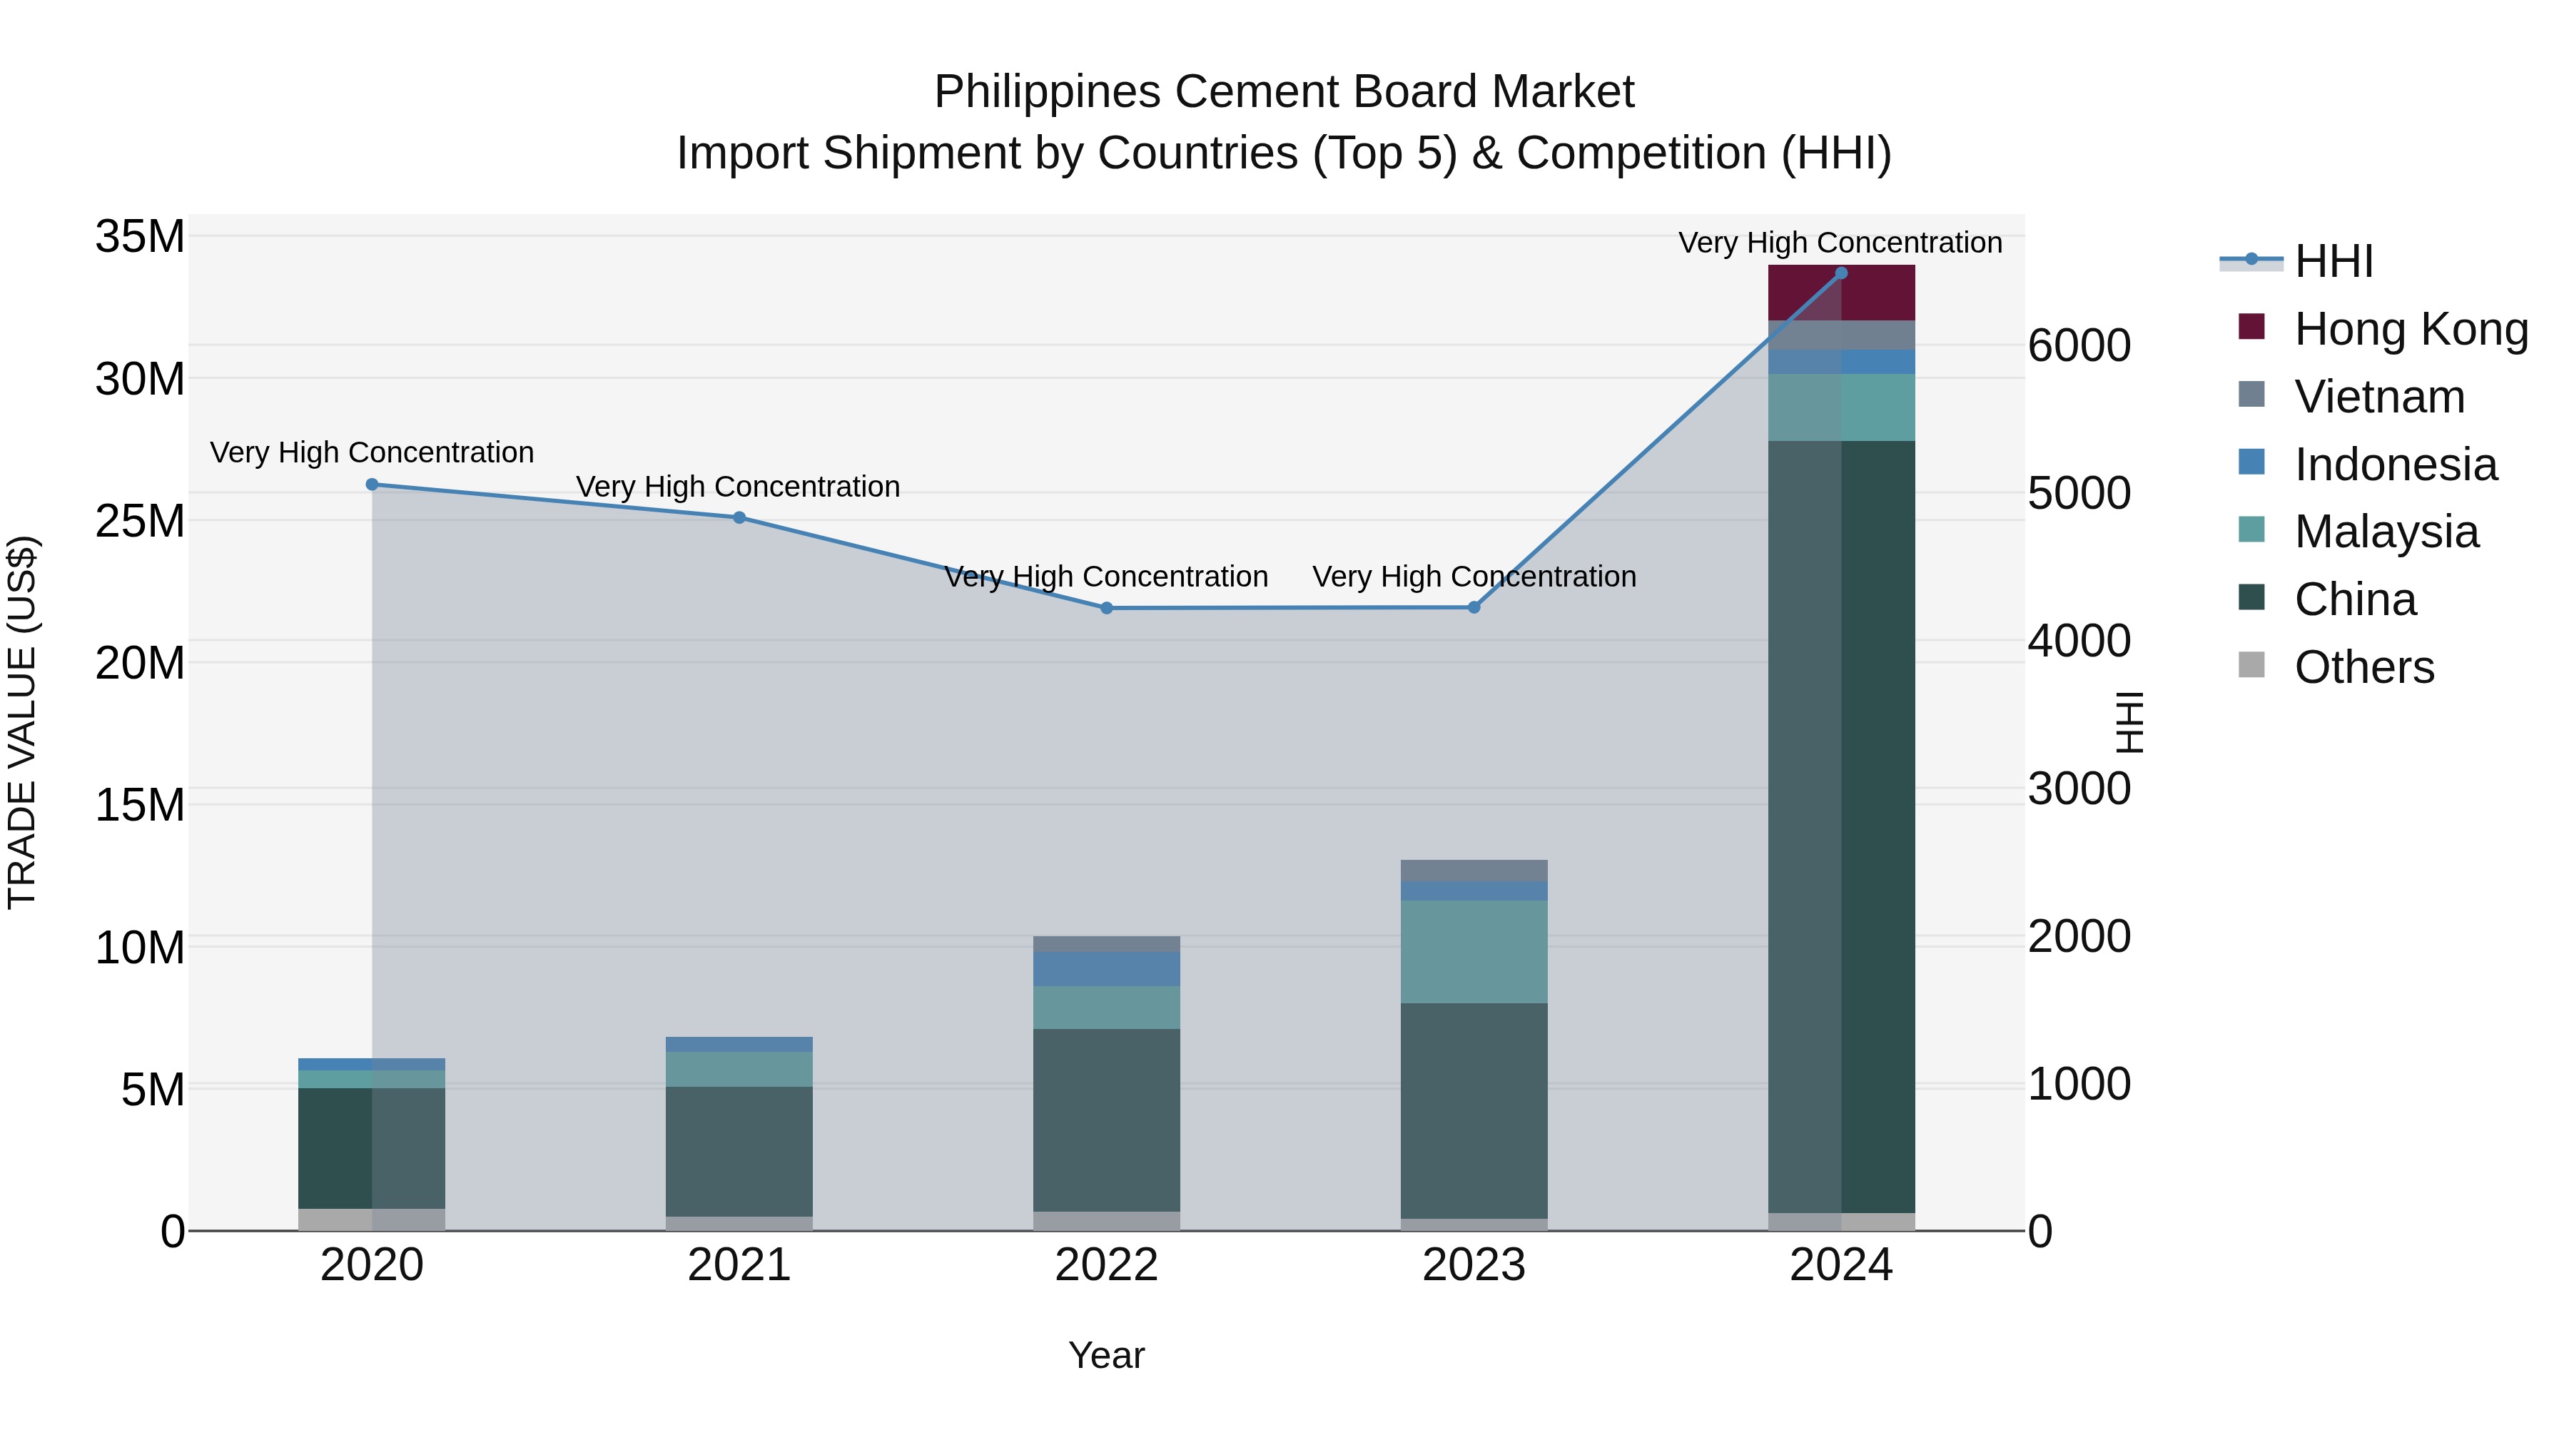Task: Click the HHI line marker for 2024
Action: click(1841, 273)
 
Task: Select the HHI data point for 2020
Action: click(372, 485)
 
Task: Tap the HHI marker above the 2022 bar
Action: click(1106, 608)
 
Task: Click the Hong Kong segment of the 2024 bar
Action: click(1841, 293)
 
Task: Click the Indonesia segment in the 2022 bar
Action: click(1106, 968)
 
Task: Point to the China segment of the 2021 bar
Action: click(739, 1151)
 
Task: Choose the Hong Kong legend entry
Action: click(2411, 329)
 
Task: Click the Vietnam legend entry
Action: click(2378, 397)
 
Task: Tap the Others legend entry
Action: click(2363, 667)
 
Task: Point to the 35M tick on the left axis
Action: click(140, 238)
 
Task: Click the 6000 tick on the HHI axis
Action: click(2079, 346)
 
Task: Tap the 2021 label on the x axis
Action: click(739, 1265)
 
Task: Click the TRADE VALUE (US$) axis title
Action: click(23, 722)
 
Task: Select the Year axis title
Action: click(1106, 1355)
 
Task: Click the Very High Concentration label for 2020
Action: click(372, 452)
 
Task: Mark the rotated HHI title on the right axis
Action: click(2129, 722)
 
